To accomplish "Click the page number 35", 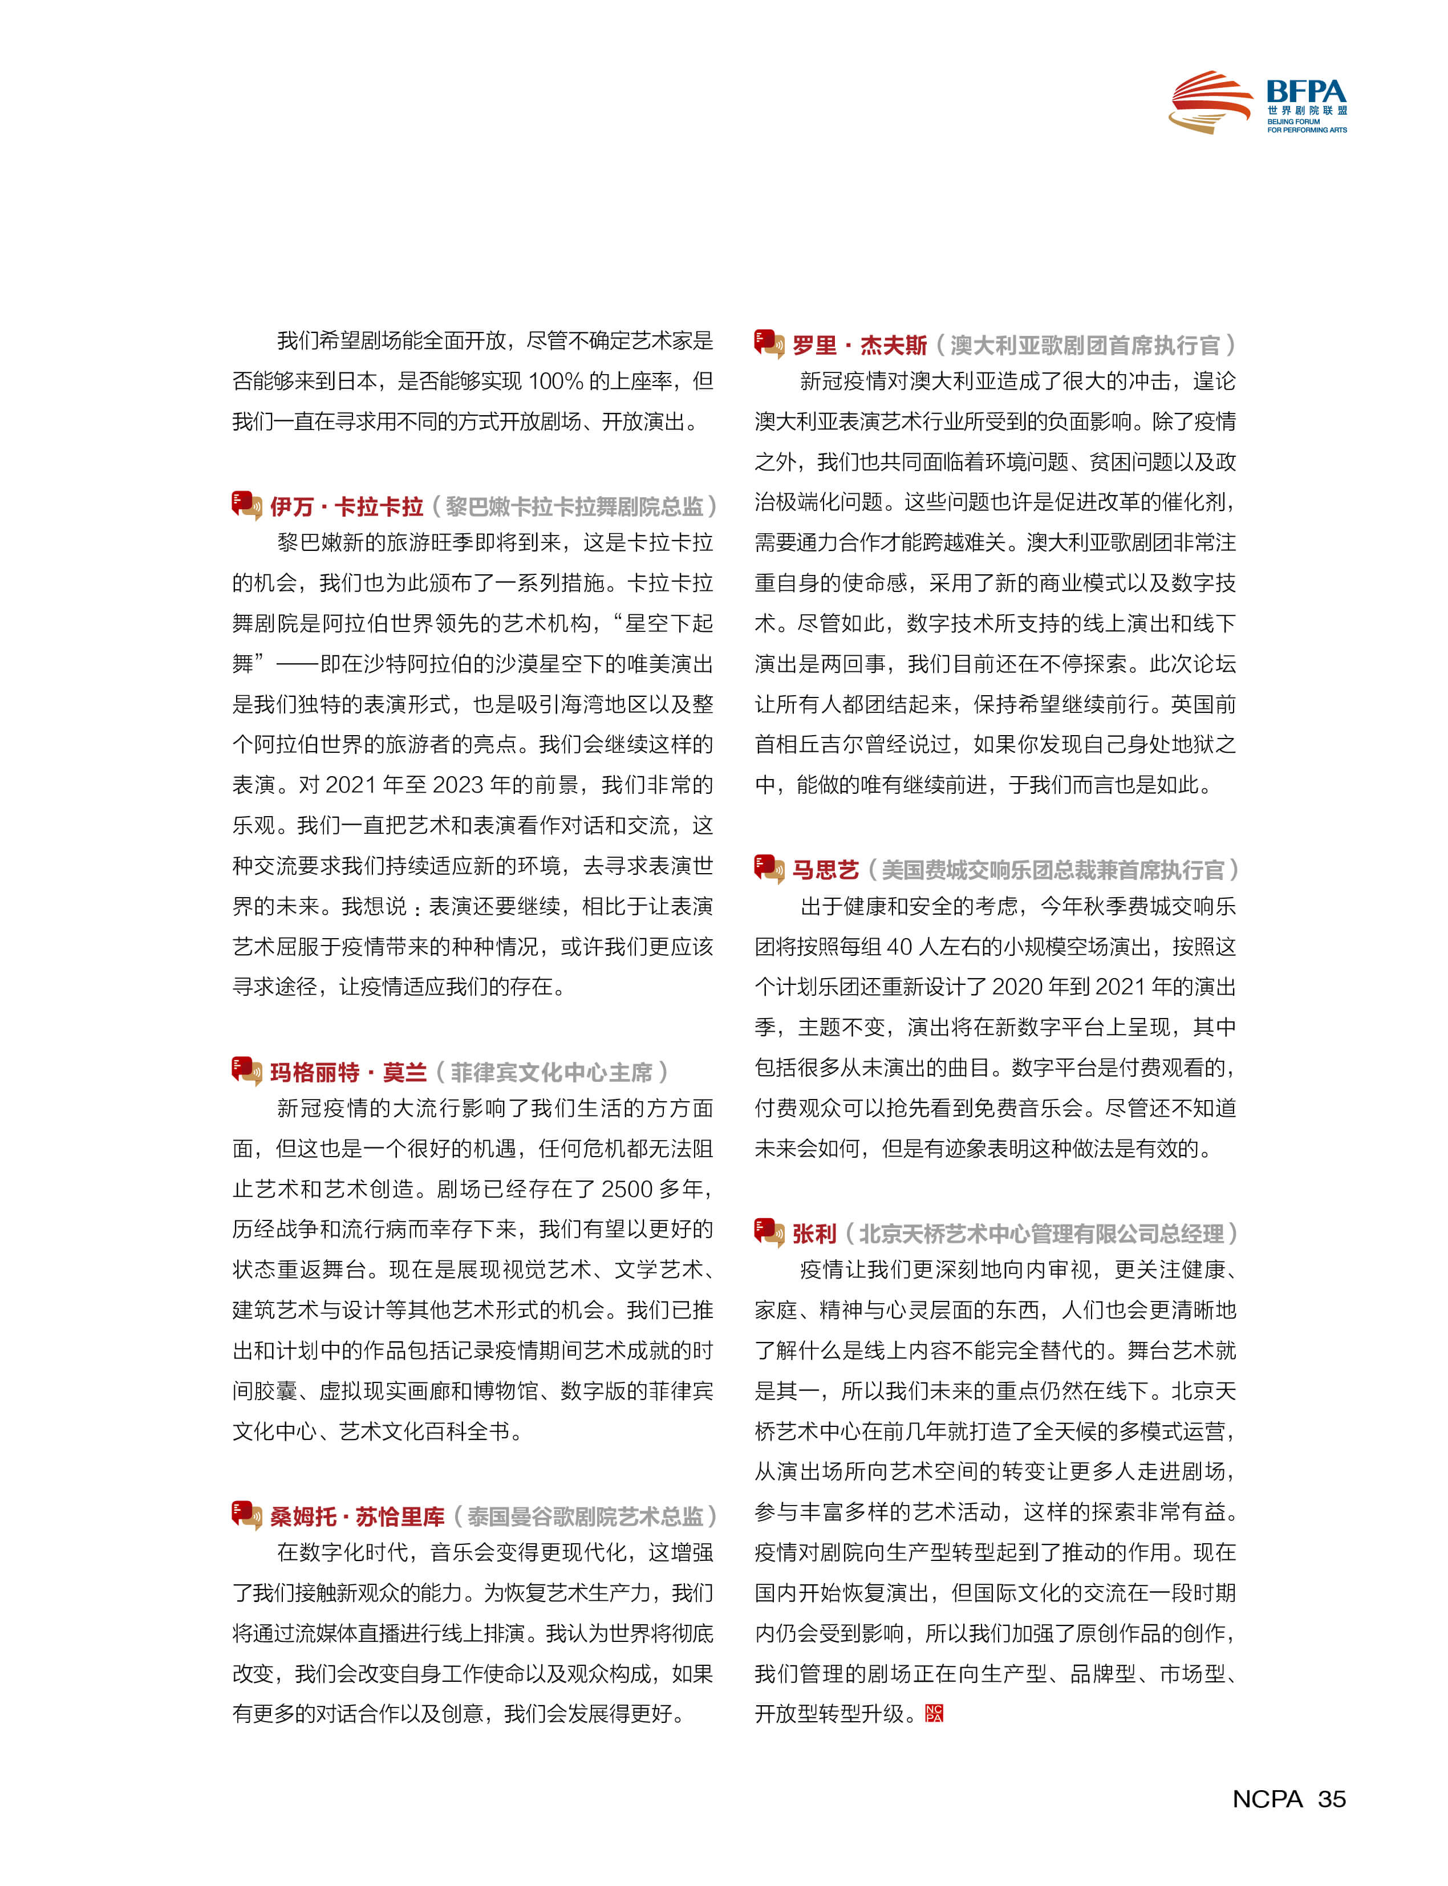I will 1332,1799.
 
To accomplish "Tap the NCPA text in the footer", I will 1267,1799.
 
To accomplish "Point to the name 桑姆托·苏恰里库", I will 357,1516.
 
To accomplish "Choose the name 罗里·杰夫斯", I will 859,346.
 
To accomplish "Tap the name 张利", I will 814,1234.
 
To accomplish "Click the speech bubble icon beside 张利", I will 769,1232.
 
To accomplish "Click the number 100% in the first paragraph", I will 555,381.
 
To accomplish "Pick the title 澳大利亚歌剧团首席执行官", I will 1085,346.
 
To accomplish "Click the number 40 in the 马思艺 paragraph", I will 899,947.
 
